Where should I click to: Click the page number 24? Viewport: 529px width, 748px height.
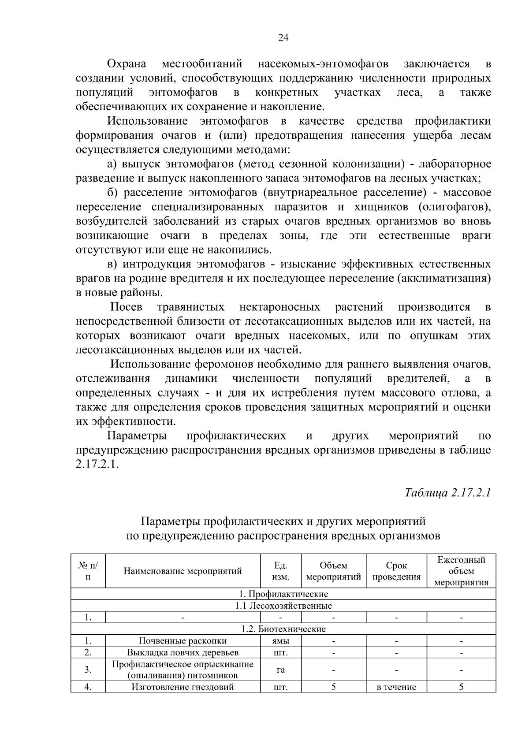(x=283, y=38)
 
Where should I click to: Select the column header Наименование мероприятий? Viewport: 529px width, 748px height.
(x=183, y=571)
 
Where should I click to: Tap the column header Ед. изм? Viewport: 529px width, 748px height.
(x=280, y=571)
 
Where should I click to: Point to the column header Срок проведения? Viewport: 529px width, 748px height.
(x=396, y=571)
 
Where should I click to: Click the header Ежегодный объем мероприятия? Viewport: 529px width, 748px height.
(x=461, y=571)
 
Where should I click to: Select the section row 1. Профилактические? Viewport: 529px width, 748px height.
(x=283, y=594)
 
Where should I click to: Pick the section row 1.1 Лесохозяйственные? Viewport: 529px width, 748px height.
(x=283, y=606)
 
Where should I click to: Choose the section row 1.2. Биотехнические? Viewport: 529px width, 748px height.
(x=283, y=629)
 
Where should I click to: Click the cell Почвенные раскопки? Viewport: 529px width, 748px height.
(x=183, y=641)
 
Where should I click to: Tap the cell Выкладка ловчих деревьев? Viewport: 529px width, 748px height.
(x=183, y=652)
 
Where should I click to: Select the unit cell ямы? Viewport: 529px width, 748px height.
(x=280, y=641)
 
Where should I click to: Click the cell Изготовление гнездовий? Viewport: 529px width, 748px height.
(x=183, y=687)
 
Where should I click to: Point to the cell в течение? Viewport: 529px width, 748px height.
(x=396, y=687)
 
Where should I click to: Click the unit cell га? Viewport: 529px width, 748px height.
(x=280, y=670)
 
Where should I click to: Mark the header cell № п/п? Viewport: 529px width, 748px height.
(x=88, y=571)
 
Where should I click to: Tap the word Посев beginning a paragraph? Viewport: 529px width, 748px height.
(x=126, y=307)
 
